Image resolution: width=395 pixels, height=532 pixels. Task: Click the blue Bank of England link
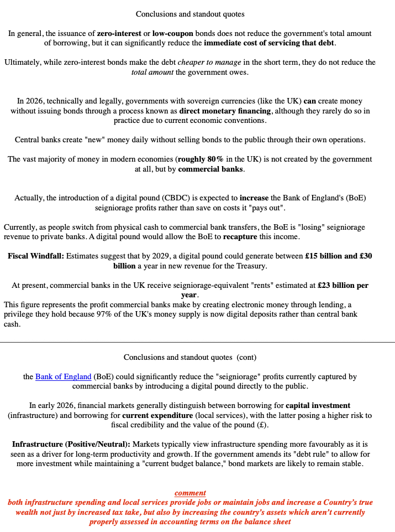click(x=63, y=377)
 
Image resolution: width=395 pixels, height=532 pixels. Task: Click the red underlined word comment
click(x=190, y=493)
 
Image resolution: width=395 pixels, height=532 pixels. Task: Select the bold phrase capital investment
click(x=318, y=406)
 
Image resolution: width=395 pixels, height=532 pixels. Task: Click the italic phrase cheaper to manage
click(x=209, y=63)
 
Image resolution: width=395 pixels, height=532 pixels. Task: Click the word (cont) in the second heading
click(x=246, y=358)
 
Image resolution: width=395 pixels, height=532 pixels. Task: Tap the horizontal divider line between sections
click(x=197, y=342)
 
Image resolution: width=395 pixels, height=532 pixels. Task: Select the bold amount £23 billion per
click(x=343, y=286)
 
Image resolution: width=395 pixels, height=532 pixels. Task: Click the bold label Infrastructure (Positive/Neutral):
click(x=71, y=445)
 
